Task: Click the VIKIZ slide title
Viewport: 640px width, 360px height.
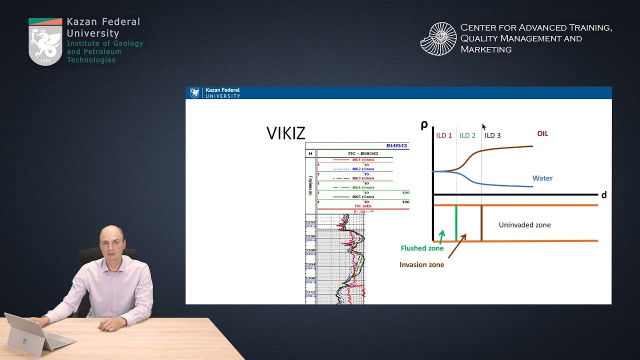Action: point(285,133)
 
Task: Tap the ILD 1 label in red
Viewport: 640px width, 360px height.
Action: point(444,135)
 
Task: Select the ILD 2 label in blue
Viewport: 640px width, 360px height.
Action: point(467,135)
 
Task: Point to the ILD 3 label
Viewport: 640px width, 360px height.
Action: point(492,135)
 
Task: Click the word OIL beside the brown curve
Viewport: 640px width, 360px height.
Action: point(542,133)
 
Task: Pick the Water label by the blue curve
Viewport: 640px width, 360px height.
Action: point(542,178)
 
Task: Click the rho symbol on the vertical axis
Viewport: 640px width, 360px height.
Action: point(424,125)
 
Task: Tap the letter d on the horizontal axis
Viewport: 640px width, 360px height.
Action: point(604,195)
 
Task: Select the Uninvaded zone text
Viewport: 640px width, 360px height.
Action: point(524,225)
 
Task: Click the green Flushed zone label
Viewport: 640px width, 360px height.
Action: point(422,248)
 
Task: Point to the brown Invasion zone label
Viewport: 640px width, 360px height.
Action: point(421,264)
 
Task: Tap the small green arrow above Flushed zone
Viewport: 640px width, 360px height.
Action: point(441,235)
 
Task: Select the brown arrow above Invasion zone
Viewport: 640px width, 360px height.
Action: point(457,246)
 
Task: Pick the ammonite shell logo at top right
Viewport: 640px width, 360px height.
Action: point(438,38)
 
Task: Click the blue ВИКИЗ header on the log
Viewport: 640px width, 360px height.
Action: point(397,146)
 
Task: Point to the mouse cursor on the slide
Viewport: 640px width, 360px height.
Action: point(483,127)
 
